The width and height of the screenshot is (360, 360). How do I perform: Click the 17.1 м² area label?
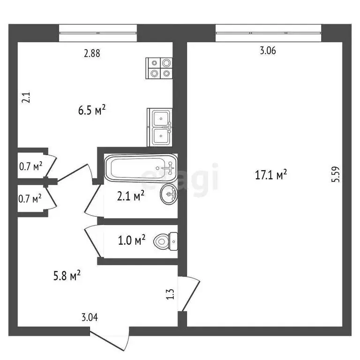[x=270, y=175]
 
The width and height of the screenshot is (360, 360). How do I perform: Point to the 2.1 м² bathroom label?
[x=131, y=196]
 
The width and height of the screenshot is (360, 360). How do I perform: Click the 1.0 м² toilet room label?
[x=131, y=240]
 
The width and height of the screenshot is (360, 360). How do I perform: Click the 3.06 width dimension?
[x=267, y=52]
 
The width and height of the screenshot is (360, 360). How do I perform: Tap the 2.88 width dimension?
[x=92, y=53]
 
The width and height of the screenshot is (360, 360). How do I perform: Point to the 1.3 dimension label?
[x=171, y=294]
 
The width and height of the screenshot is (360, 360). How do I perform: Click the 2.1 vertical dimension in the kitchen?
[x=26, y=97]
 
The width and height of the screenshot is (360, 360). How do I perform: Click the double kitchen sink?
[x=160, y=127]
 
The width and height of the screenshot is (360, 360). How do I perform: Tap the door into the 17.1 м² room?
[x=191, y=294]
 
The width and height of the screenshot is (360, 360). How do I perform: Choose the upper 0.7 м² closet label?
[x=30, y=165]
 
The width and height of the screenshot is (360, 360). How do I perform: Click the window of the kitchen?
[x=98, y=33]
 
